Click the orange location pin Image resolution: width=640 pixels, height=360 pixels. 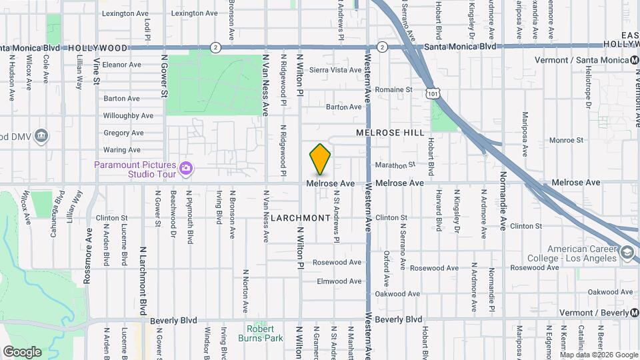(321, 160)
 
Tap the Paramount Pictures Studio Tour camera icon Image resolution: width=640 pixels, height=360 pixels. (186, 169)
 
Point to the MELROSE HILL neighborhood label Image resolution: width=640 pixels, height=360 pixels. (390, 133)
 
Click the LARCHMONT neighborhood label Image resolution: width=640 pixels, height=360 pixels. (300, 218)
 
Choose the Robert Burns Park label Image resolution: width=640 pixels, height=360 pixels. (260, 333)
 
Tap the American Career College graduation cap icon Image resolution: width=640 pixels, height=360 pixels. (627, 253)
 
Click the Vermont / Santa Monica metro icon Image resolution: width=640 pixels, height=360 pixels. (634, 60)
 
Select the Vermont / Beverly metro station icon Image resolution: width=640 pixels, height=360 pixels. (634, 313)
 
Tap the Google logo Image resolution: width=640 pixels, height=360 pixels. (22, 351)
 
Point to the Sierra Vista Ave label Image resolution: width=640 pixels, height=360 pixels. (335, 70)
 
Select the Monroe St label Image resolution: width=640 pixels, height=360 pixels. (566, 140)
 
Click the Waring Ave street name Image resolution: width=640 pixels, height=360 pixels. (122, 150)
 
